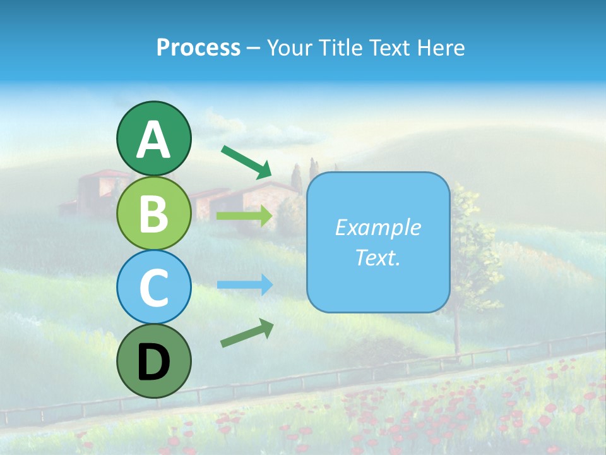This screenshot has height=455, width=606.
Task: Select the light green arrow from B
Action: click(245, 215)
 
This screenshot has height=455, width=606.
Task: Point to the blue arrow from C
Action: click(245, 284)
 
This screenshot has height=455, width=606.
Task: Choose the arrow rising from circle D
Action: click(247, 333)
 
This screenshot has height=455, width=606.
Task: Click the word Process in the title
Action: click(198, 47)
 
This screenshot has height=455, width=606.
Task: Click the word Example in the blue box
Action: click(377, 227)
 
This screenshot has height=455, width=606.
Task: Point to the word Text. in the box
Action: click(377, 258)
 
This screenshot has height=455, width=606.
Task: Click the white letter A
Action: click(153, 140)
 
